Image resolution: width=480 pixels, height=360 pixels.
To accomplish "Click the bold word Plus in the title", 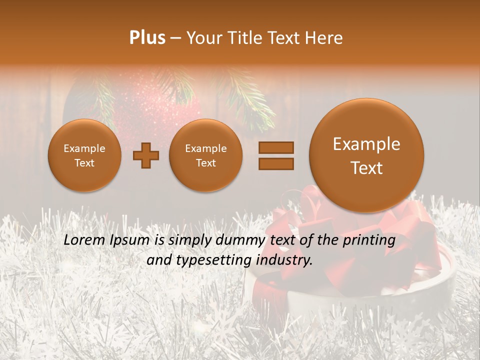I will click(x=147, y=38).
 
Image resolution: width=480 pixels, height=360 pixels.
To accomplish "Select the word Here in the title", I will click(x=325, y=38).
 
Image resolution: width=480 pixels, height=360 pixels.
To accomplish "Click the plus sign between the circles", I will click(x=146, y=155).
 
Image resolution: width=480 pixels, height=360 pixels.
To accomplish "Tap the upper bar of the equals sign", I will click(x=276, y=147).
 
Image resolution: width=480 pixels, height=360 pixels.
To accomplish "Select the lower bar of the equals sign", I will click(x=276, y=164).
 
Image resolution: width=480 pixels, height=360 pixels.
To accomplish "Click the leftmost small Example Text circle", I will click(x=84, y=155).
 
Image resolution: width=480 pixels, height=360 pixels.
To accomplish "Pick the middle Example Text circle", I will click(x=206, y=155).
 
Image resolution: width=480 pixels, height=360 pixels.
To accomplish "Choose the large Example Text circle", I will click(x=366, y=155).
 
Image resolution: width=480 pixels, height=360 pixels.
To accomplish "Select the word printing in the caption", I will click(x=368, y=240).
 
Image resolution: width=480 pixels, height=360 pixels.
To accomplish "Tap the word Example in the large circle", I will click(x=366, y=144).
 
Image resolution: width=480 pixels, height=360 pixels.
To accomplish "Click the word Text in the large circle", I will click(x=366, y=168).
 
